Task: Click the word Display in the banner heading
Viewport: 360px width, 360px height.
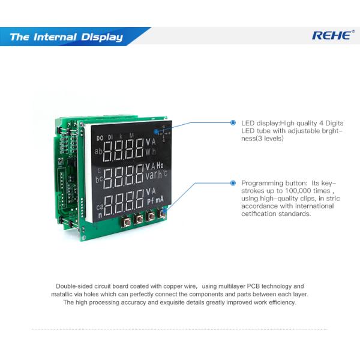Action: (102, 37)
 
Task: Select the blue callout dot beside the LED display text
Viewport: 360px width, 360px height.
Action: (233, 122)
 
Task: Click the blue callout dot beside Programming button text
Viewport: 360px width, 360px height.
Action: (233, 183)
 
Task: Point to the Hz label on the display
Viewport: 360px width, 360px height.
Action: (160, 165)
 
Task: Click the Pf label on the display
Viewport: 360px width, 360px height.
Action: (150, 201)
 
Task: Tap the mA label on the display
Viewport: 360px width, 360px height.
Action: (160, 200)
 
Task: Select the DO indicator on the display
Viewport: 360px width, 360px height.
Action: (100, 138)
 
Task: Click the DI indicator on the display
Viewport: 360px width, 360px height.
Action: (110, 137)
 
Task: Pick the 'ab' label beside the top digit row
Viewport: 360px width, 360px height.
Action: (98, 151)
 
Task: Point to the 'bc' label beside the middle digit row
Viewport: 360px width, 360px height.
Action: (99, 179)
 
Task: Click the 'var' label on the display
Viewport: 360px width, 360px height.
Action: (151, 176)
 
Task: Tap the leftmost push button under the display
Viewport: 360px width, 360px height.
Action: (126, 222)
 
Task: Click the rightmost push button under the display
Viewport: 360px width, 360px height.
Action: (162, 214)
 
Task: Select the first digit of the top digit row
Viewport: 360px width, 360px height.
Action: (109, 151)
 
